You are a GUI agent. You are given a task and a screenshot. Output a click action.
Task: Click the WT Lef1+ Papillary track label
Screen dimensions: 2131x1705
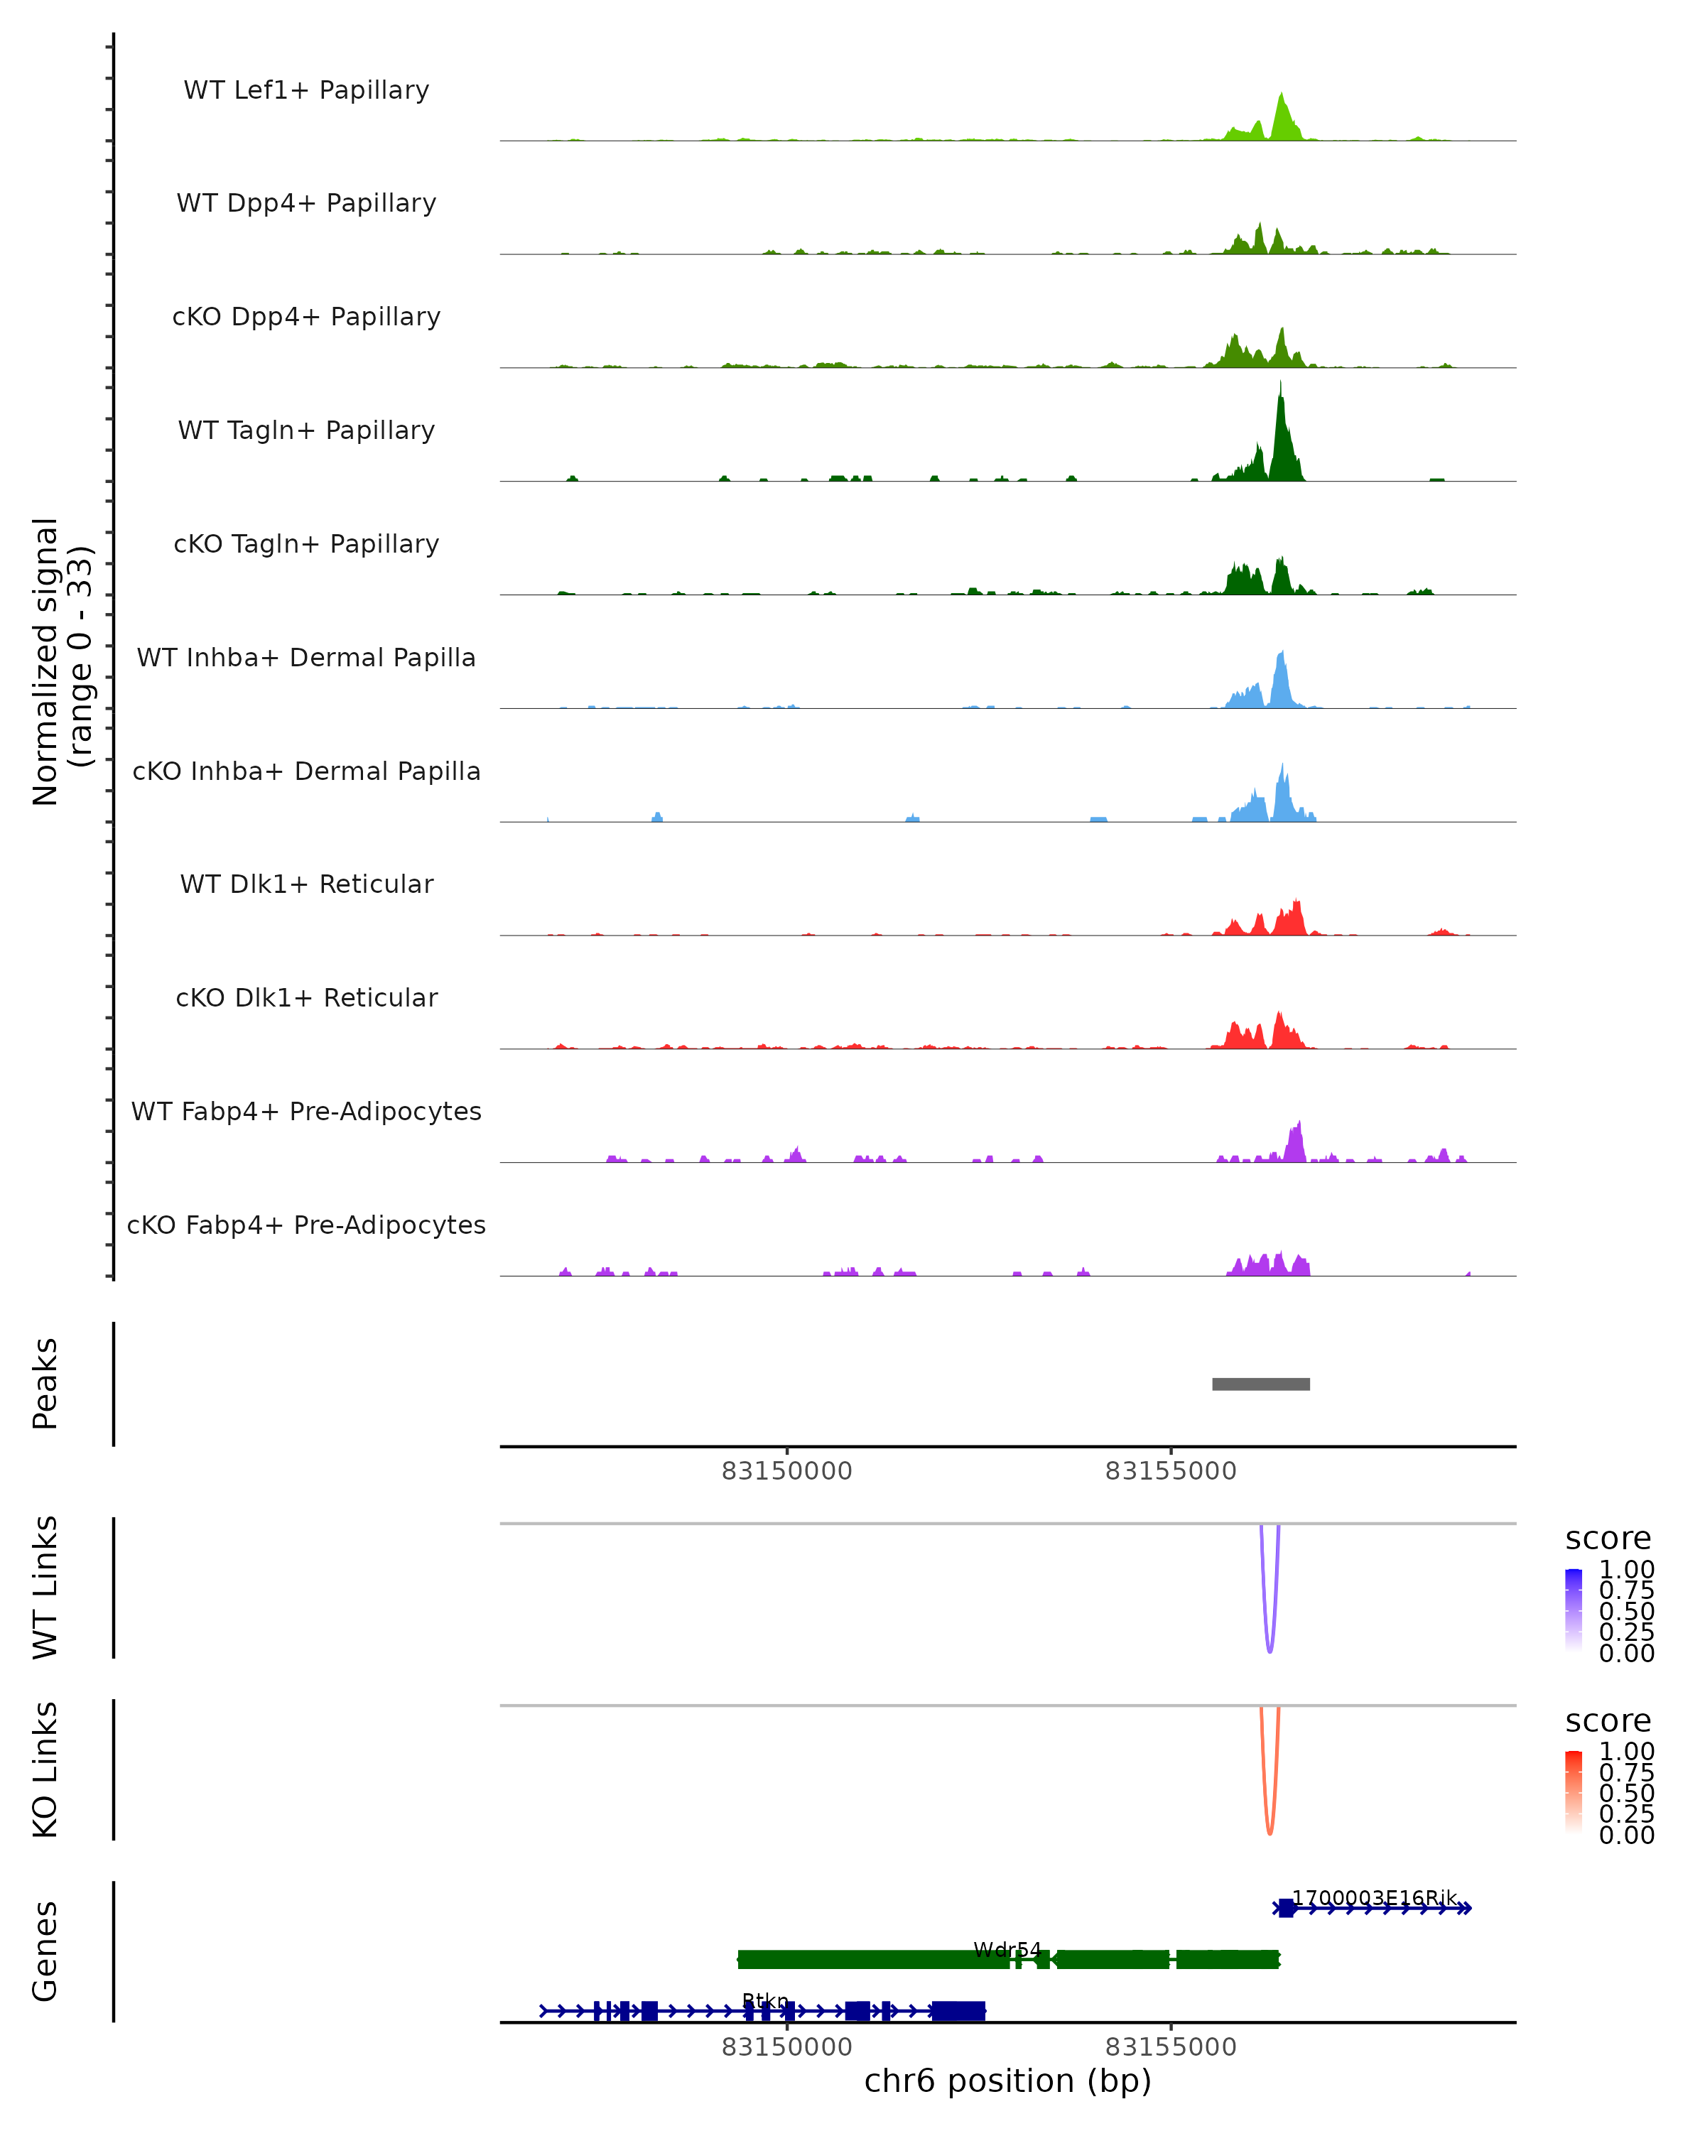(306, 90)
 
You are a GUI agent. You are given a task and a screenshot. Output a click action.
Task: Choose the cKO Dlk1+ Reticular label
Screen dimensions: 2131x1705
(306, 997)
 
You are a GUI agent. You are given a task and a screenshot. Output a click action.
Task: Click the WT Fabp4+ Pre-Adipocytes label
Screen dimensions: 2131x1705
(306, 1111)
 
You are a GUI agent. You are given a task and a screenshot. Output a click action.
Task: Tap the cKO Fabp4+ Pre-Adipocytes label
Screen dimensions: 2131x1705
(306, 1225)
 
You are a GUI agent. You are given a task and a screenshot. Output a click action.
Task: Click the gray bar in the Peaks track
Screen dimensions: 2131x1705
(1260, 1384)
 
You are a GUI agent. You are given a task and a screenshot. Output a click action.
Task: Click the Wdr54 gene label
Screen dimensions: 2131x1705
(1007, 1949)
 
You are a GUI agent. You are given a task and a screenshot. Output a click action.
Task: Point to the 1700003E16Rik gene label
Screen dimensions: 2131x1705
(1374, 1898)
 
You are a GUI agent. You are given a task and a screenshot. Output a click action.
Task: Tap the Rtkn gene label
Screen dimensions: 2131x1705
(765, 2000)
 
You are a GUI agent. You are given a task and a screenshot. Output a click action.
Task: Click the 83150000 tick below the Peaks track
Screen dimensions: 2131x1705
(786, 1471)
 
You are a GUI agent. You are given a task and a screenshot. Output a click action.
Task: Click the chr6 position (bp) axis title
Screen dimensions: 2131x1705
(1007, 2081)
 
